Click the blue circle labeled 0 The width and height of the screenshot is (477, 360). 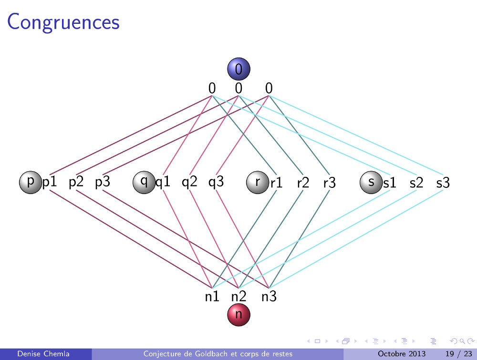click(x=239, y=70)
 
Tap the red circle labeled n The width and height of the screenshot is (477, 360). click(x=239, y=315)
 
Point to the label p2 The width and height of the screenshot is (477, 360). click(x=76, y=182)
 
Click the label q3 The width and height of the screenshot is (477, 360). click(x=216, y=182)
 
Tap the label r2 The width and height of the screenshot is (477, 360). click(x=303, y=183)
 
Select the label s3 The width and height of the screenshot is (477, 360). click(x=443, y=183)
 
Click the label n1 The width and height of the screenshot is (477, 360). click(x=212, y=297)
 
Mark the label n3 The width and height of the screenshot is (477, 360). click(x=269, y=297)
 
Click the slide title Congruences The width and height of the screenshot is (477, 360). click(x=63, y=21)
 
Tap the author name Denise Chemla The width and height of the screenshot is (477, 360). click(x=43, y=354)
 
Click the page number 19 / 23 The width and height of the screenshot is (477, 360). click(x=456, y=354)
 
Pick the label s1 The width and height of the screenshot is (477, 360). click(x=390, y=183)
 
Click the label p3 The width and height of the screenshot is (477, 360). click(x=103, y=182)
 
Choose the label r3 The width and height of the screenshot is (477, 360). click(x=330, y=183)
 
